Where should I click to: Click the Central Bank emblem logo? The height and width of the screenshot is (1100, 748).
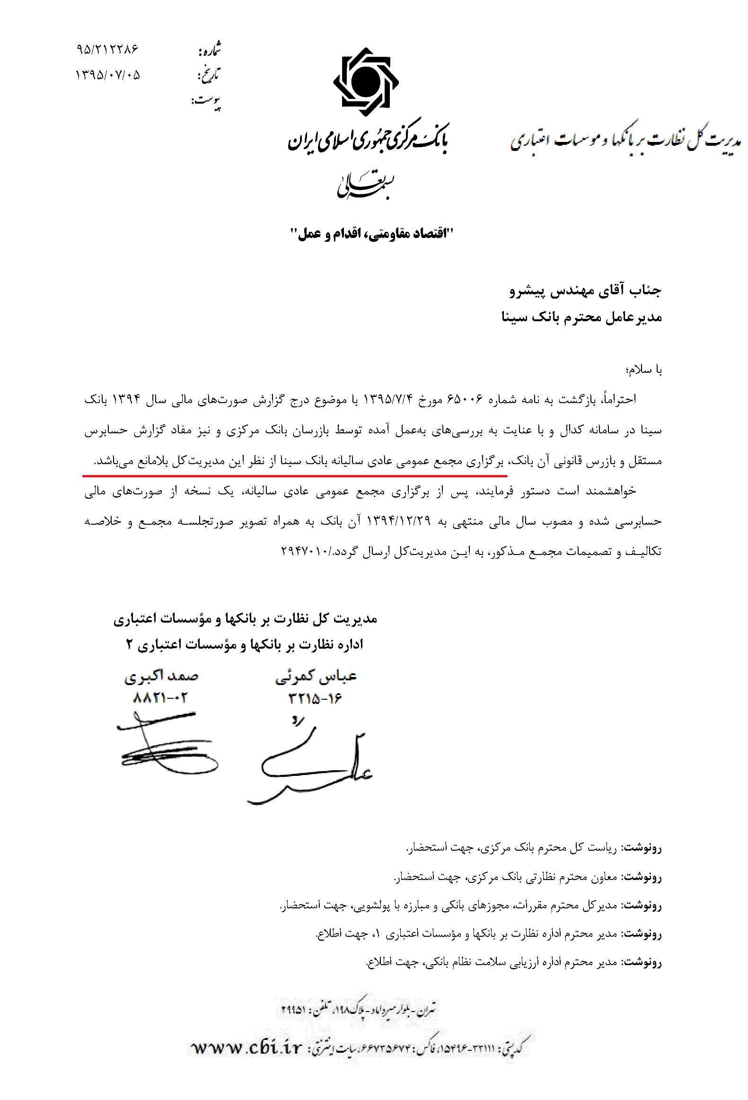point(365,82)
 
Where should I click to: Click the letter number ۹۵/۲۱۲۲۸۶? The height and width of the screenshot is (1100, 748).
point(107,49)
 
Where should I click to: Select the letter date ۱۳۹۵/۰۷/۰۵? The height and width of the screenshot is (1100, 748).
point(108,75)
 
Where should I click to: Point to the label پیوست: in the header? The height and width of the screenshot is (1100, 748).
point(206,101)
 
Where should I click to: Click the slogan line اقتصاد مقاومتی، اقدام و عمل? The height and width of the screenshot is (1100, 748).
point(371,233)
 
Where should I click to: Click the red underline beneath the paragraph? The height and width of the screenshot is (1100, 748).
point(294,475)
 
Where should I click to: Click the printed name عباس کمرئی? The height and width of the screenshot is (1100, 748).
point(316,677)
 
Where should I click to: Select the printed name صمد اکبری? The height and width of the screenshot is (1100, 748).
point(161,677)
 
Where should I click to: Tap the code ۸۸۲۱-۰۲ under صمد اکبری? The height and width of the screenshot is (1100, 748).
point(160,698)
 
